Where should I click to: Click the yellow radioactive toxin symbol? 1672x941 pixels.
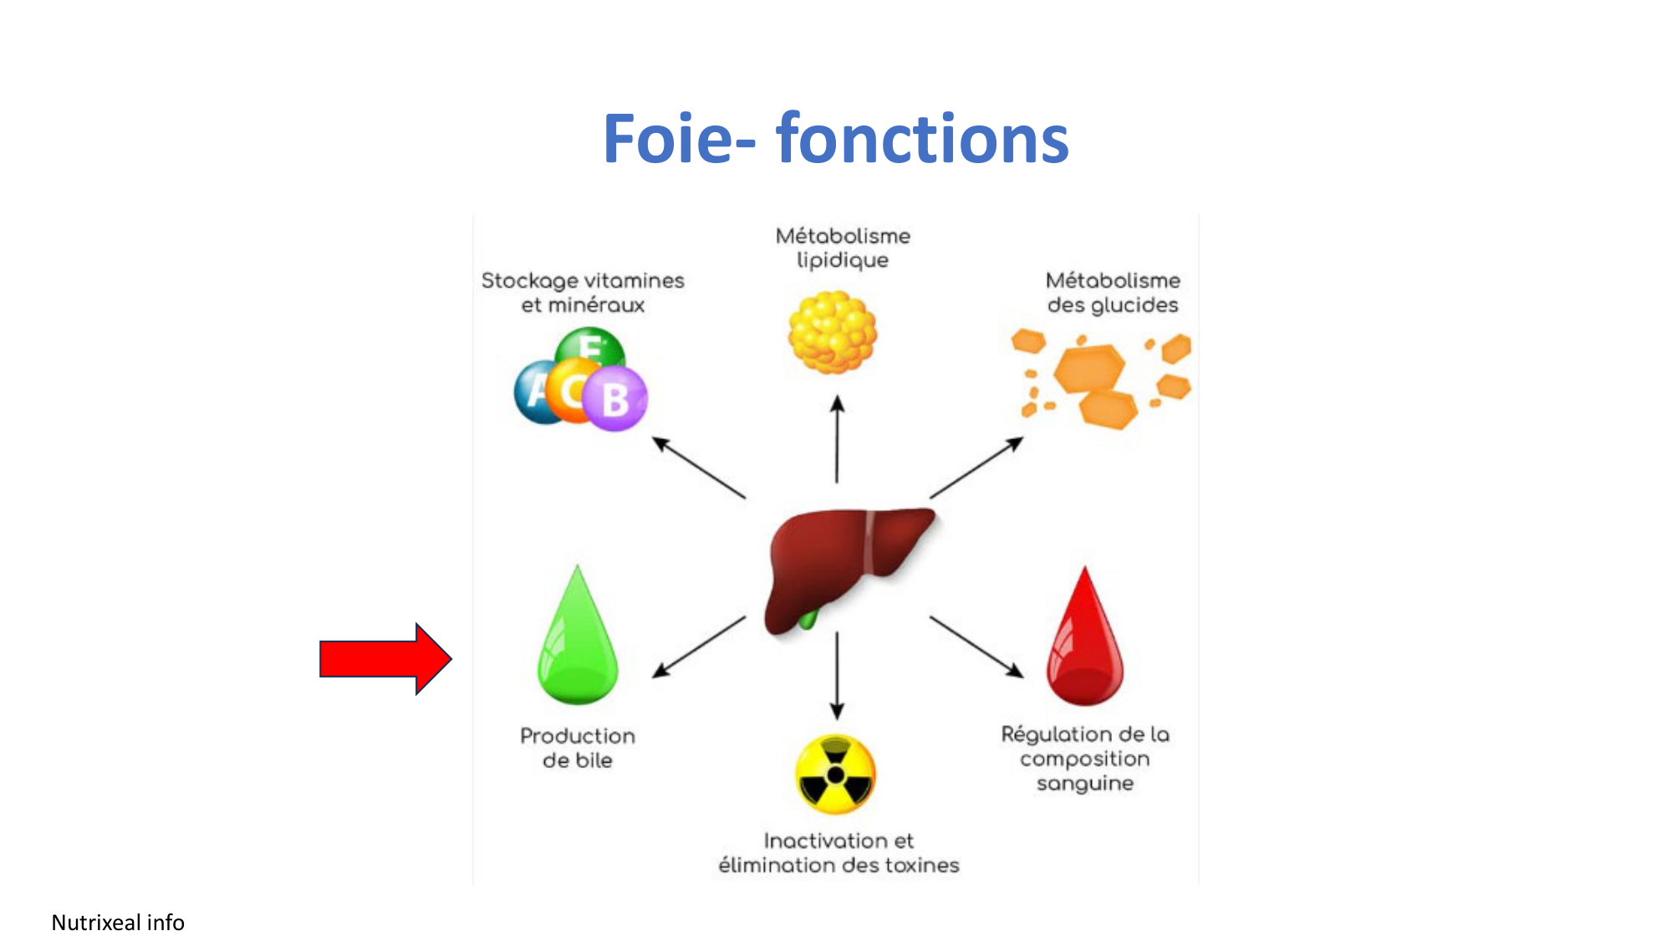pyautogui.click(x=835, y=775)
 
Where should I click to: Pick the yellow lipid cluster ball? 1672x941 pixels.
pyautogui.click(x=833, y=331)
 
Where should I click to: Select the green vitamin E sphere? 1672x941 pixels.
pyautogui.click(x=590, y=345)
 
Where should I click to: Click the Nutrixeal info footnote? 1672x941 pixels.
pyautogui.click(x=118, y=922)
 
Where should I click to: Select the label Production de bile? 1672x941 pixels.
pyautogui.click(x=578, y=748)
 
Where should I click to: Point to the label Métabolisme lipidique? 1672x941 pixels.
pyautogui.click(x=843, y=248)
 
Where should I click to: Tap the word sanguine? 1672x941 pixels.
pyautogui.click(x=1085, y=784)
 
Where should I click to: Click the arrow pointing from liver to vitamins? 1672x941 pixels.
pyautogui.click(x=698, y=468)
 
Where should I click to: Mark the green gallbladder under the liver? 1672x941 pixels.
pyautogui.click(x=808, y=620)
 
